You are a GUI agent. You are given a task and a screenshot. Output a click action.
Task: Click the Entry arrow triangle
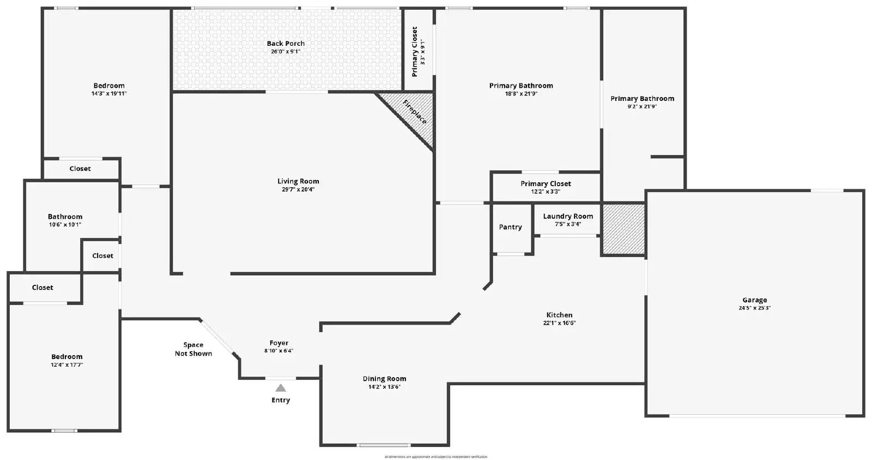(280, 388)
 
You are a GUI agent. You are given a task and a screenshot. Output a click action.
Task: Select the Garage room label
(754, 300)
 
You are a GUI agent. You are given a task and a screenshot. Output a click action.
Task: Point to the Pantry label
(510, 227)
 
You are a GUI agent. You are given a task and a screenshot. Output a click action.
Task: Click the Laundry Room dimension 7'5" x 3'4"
(568, 224)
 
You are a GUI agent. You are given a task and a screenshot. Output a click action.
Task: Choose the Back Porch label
(286, 44)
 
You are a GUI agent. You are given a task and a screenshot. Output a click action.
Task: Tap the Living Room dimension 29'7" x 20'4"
(298, 190)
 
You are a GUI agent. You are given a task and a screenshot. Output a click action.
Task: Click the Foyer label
(278, 343)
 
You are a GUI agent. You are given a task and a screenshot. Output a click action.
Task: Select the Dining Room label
(384, 379)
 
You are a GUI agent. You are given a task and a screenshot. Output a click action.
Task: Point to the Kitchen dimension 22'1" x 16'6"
(559, 323)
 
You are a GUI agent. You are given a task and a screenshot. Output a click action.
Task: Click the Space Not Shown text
(193, 349)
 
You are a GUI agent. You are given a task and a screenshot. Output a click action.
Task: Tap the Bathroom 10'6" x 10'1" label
(65, 217)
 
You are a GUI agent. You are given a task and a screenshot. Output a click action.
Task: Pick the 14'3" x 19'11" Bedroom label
(109, 86)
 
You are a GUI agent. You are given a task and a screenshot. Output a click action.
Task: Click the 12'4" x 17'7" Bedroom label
(67, 357)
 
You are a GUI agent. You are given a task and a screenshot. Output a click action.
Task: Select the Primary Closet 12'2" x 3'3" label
(546, 184)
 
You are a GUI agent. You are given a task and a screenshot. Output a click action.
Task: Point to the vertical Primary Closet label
(415, 52)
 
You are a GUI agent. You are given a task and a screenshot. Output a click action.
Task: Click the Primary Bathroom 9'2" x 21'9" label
(642, 99)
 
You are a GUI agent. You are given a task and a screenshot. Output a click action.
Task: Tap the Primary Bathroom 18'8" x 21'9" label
(521, 86)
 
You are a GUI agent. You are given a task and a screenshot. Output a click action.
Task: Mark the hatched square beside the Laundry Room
(623, 229)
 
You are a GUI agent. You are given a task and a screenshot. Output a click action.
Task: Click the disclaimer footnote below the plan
(435, 457)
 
